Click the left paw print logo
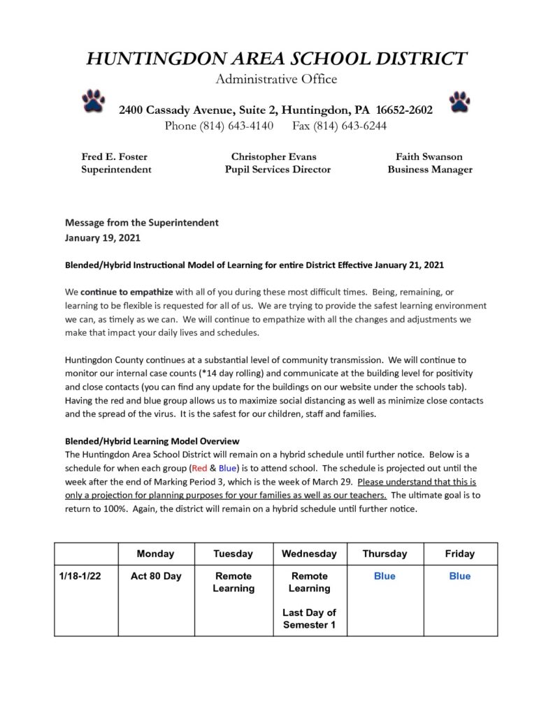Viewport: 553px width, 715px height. [93, 101]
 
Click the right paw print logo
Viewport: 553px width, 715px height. [459, 102]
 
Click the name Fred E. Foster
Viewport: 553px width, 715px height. [115, 156]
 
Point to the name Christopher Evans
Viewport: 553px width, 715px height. [273, 156]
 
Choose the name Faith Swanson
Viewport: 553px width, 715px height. [429, 156]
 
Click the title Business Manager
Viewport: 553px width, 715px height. [430, 169]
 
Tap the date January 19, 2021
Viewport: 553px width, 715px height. [103, 237]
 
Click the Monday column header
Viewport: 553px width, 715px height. [155, 554]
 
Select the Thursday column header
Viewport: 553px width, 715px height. [385, 554]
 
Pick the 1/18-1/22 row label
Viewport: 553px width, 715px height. [81, 576]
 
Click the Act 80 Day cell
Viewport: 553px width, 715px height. [156, 576]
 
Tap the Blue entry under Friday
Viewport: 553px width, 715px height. [460, 576]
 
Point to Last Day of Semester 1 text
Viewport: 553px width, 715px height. [309, 619]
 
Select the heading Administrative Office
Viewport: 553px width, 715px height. [276, 79]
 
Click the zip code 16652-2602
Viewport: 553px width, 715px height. [404, 110]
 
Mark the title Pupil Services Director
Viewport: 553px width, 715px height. [278, 169]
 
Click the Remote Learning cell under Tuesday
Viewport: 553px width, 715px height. [234, 582]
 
